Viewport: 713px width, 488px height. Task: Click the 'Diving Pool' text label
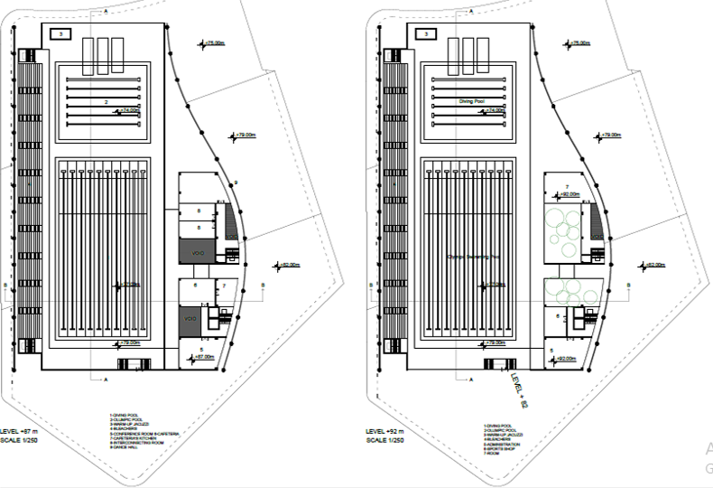(x=471, y=101)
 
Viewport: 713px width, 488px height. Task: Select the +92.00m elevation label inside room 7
(x=569, y=193)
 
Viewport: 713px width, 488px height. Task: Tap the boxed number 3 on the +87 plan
(x=60, y=33)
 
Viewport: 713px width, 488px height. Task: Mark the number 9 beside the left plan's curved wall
(x=236, y=183)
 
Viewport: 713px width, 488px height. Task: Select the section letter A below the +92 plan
(x=472, y=380)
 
